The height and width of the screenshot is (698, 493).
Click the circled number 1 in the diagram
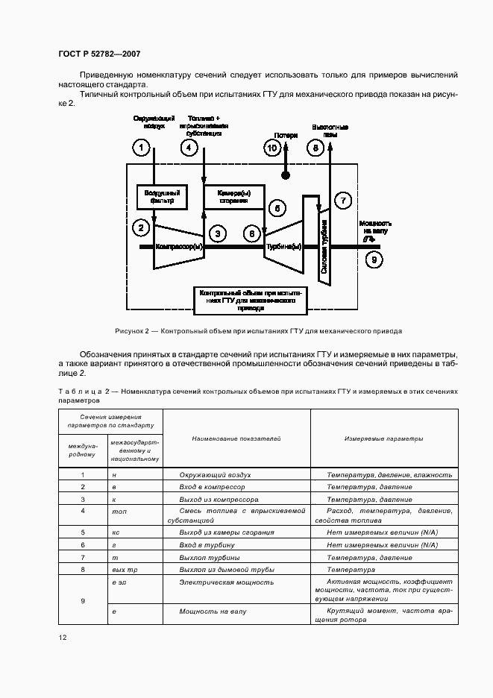point(140,148)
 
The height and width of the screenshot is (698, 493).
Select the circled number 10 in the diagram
point(272,148)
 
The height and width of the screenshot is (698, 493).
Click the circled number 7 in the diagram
point(343,200)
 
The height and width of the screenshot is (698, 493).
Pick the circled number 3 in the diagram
point(217,233)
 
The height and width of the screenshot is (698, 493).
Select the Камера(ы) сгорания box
point(233,196)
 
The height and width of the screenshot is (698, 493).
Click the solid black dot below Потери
point(285,176)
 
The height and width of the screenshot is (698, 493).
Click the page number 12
point(62,638)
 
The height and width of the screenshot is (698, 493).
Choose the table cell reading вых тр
point(120,569)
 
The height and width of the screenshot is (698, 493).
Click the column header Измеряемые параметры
point(383,438)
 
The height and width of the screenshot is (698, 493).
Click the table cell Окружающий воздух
point(215,474)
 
